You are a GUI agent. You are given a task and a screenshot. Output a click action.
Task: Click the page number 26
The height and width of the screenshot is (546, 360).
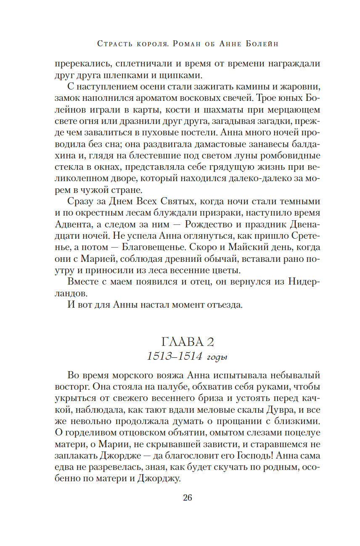(187, 498)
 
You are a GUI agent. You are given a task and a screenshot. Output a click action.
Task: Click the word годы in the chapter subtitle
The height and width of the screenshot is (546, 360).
(217, 357)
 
